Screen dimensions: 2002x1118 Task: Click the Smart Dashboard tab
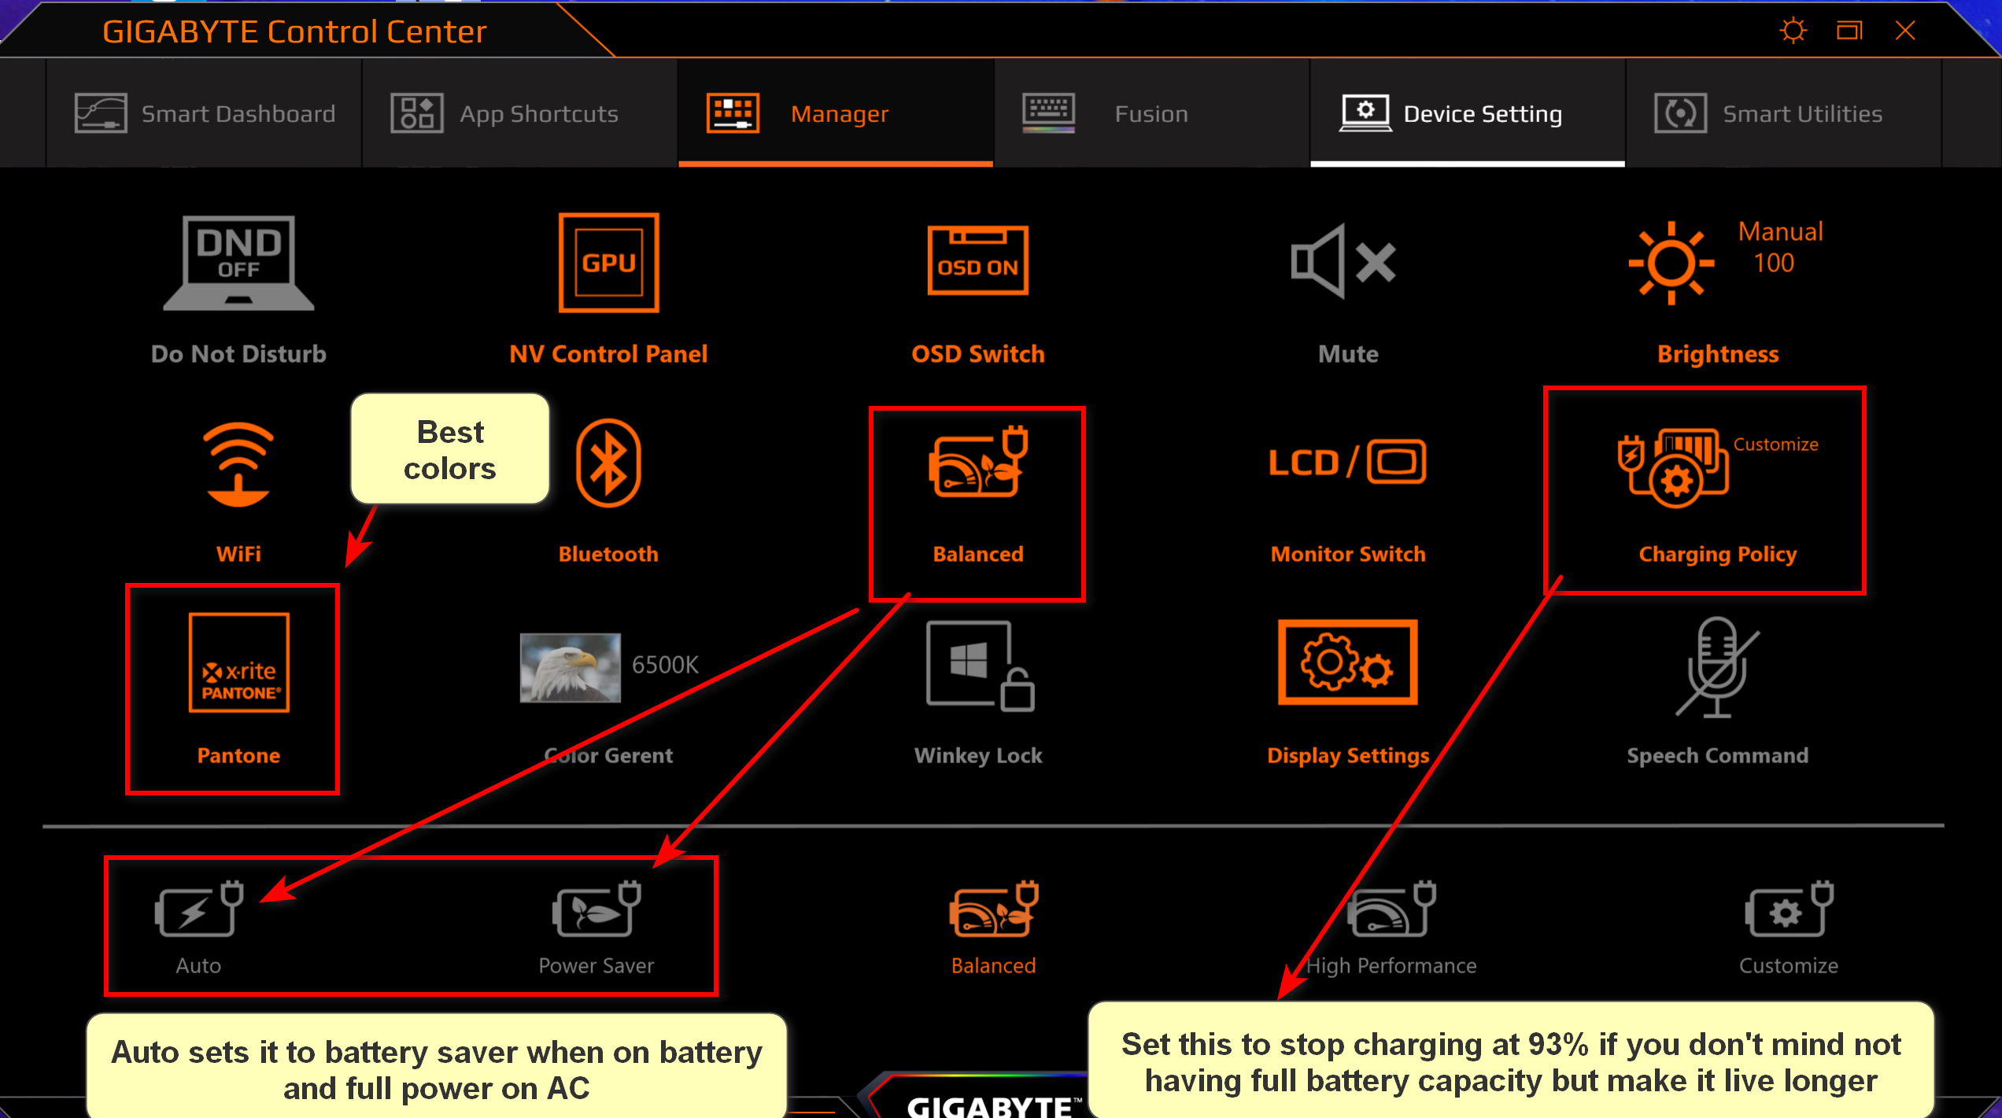205,113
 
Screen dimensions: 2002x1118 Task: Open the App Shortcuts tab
520,113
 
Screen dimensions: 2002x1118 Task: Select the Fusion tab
1151,113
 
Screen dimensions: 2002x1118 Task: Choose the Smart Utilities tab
1783,113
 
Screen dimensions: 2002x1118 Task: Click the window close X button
1905,31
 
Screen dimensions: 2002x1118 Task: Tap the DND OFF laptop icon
238,263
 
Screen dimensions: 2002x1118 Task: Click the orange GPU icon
608,263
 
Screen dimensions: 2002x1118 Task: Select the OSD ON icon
978,260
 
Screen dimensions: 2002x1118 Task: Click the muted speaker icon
1343,261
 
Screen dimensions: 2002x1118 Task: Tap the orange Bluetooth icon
608,463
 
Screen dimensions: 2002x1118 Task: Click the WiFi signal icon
238,464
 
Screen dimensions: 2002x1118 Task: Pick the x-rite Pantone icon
238,662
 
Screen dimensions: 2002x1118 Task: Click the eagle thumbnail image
570,667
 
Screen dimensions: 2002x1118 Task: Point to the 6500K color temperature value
665,665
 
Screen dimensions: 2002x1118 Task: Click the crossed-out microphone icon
1717,667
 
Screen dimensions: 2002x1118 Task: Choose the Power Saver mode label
597,965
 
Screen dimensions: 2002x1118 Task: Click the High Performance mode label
1391,965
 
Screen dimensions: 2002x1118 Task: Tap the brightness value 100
1774,263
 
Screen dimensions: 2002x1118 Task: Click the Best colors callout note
449,449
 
